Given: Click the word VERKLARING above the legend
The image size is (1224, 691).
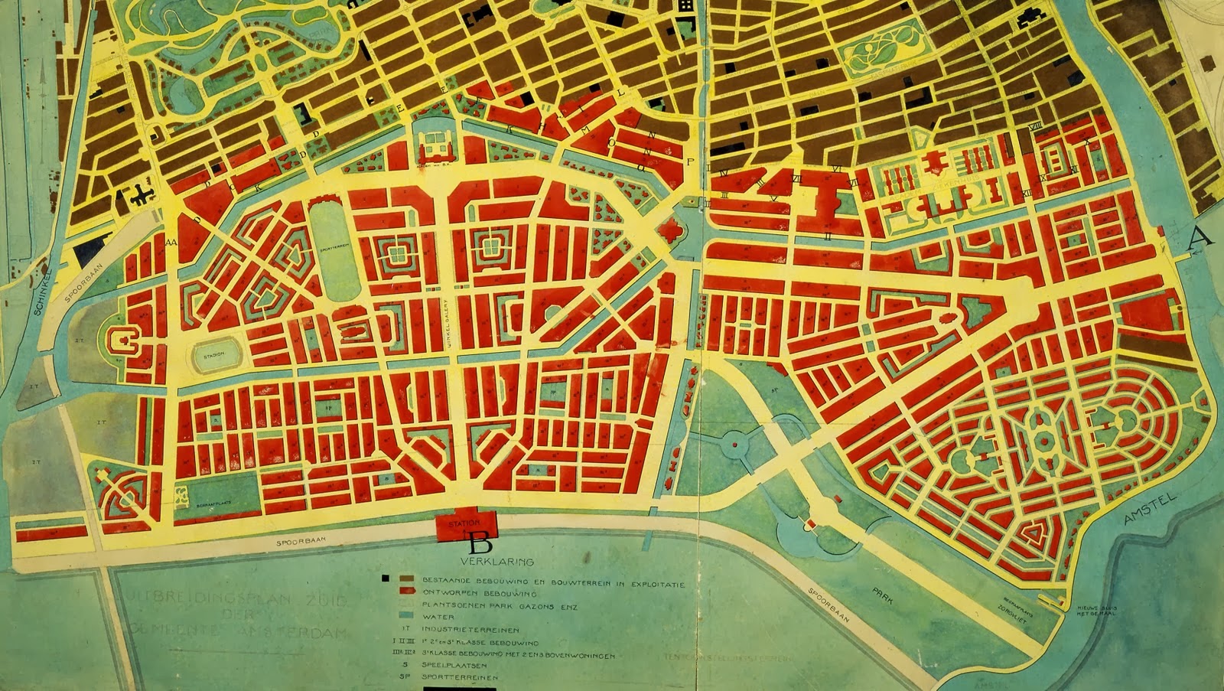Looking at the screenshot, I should [496, 561].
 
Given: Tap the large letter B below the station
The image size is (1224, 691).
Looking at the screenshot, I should [480, 544].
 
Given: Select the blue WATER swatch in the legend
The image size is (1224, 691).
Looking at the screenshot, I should [406, 616].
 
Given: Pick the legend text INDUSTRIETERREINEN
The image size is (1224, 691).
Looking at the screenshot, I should [470, 630].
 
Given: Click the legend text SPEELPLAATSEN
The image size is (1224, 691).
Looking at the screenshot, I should [454, 666].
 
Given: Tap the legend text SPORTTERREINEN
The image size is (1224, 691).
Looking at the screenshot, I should [460, 677].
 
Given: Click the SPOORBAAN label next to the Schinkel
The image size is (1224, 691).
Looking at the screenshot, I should [76, 285].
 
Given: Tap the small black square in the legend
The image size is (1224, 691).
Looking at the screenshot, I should [386, 579].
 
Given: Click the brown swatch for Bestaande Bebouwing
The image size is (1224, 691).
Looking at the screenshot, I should [406, 579].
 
